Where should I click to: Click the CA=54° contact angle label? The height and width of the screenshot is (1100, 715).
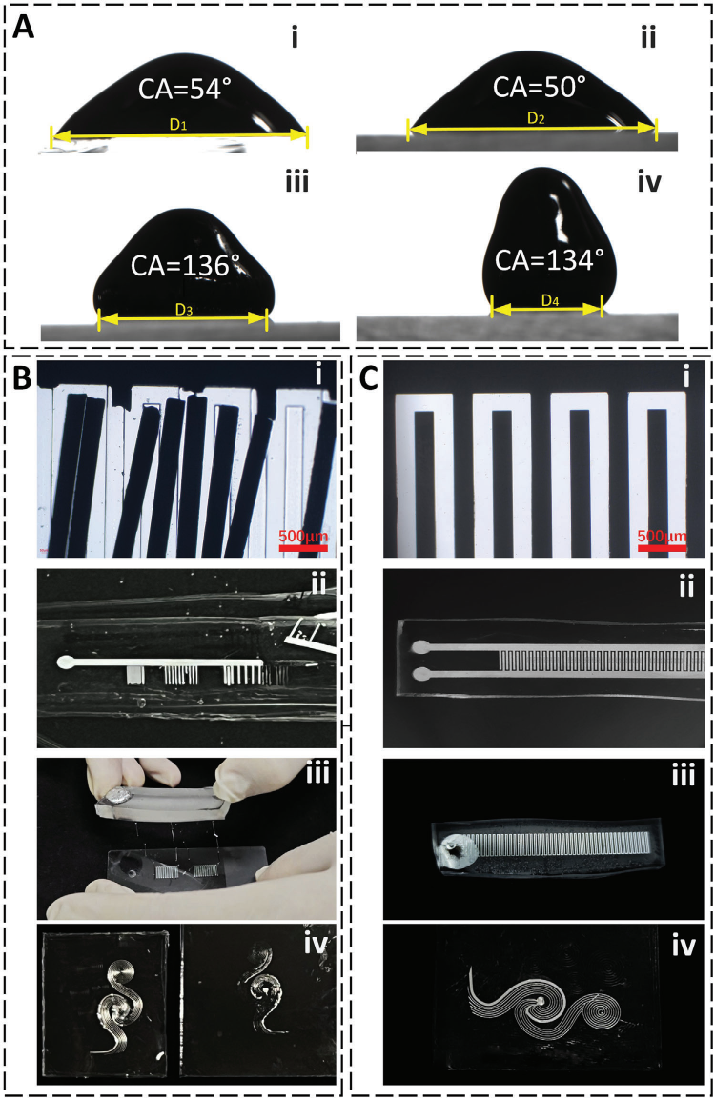pos(185,89)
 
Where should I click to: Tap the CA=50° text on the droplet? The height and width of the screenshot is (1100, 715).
pos(540,87)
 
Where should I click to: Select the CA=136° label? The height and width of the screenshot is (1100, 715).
pos(186,266)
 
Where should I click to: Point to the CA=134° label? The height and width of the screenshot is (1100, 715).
pos(549,260)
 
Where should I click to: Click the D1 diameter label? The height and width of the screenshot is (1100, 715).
pos(178,125)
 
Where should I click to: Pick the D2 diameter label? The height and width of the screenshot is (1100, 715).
pos(536,118)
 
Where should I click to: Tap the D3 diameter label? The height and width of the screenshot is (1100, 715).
pos(184,310)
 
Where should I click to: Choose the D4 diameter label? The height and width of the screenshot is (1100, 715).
pos(550,301)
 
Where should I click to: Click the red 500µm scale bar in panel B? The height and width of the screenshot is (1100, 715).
pos(303,547)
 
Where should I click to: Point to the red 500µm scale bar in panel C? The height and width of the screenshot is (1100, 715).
pos(662,547)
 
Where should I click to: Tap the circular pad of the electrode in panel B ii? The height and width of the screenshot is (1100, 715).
pos(65,661)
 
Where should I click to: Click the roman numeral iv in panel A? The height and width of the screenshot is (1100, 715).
pos(650,182)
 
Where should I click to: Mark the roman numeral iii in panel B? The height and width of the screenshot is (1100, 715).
pos(317,775)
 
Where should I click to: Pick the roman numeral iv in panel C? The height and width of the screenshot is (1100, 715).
pos(684,947)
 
